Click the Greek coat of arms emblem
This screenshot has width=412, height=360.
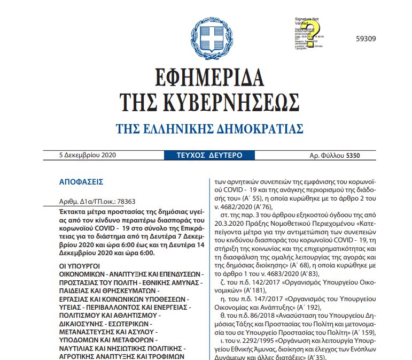[205, 34]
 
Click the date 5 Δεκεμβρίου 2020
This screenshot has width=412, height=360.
[88, 156]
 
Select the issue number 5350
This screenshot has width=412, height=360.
[353, 156]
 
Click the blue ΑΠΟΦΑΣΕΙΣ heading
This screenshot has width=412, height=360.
[81, 182]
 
